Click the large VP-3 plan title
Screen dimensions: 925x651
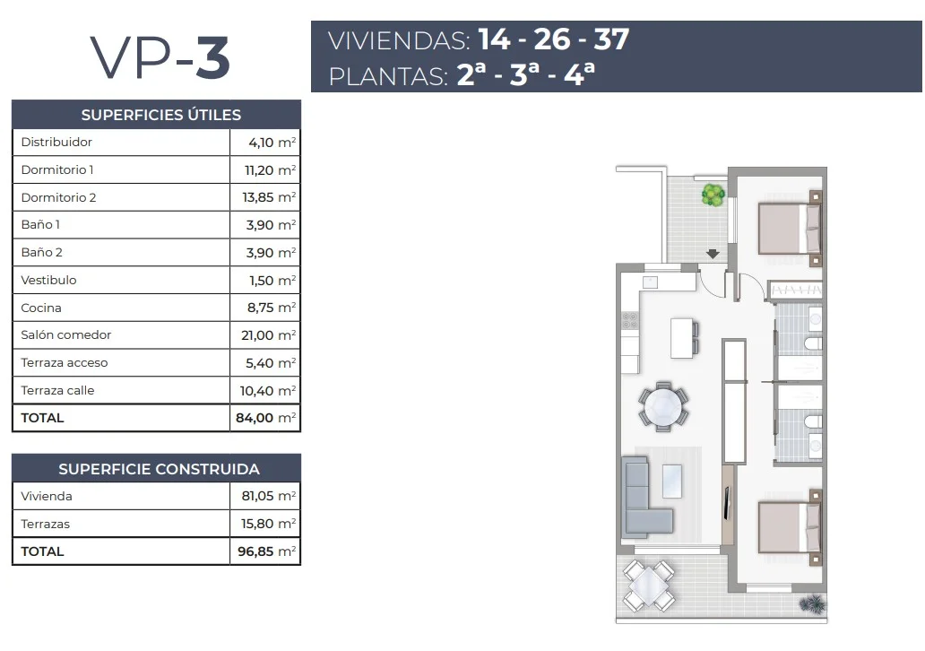pos(160,57)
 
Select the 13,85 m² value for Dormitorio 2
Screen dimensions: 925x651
pos(269,197)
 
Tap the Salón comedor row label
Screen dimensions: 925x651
pos(66,334)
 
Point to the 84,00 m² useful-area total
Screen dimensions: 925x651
pos(265,418)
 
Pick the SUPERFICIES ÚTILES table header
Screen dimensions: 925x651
pos(161,115)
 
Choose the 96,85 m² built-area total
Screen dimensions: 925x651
pos(266,551)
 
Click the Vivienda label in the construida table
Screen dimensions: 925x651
pos(47,497)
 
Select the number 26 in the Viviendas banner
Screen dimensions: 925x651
pos(552,39)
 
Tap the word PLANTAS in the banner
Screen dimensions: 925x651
pos(387,77)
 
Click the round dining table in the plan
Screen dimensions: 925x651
pos(663,407)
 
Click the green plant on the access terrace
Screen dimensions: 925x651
pos(713,195)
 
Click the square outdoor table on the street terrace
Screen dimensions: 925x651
pos(649,586)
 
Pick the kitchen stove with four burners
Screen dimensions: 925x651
pos(630,320)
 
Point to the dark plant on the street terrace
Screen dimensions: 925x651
pos(813,603)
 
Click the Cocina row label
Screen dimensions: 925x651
pos(41,308)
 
